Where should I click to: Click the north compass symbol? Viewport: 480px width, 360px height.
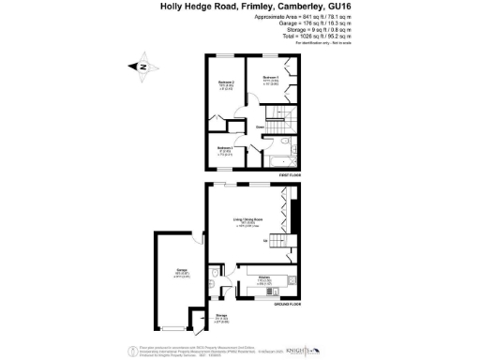pos(142,67)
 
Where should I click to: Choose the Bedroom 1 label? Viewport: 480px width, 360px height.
pos(272,77)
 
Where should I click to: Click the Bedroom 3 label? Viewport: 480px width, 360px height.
pos(225,148)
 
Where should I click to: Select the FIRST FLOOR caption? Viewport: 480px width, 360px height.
pos(289,175)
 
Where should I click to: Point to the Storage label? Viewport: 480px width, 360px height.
pos(221,316)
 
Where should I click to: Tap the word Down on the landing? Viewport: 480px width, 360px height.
pos(259,127)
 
